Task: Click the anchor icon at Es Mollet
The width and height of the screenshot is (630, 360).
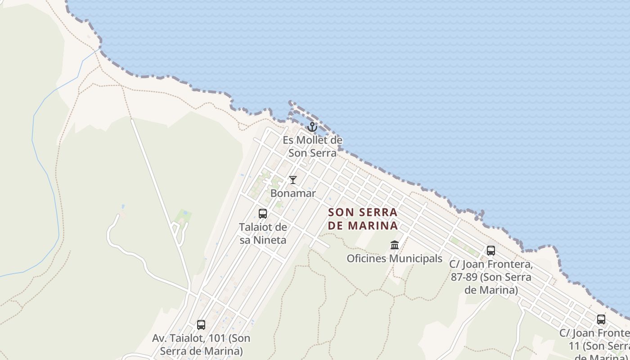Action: click(312, 127)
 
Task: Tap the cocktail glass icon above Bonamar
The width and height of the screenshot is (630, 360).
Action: click(293, 180)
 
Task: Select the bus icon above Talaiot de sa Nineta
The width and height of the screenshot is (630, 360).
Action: click(263, 214)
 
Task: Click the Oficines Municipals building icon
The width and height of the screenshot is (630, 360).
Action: click(395, 245)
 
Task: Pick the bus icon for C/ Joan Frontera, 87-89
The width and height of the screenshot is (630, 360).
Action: click(491, 251)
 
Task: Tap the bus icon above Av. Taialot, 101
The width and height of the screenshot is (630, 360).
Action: click(201, 324)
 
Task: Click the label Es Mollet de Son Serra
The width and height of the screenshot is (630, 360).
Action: click(312, 147)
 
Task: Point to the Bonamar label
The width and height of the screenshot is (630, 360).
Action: click(293, 193)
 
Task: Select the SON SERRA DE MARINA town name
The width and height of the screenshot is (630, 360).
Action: click(363, 219)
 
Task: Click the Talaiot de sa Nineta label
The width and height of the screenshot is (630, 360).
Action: click(263, 234)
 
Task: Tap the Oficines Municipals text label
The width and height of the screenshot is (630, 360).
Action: click(395, 259)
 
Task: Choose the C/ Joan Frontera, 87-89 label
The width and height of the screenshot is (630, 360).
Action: click(491, 277)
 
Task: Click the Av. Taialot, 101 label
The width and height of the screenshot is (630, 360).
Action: click(201, 344)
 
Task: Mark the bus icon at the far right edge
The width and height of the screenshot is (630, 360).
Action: click(601, 319)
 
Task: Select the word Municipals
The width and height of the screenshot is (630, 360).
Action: click(416, 259)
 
